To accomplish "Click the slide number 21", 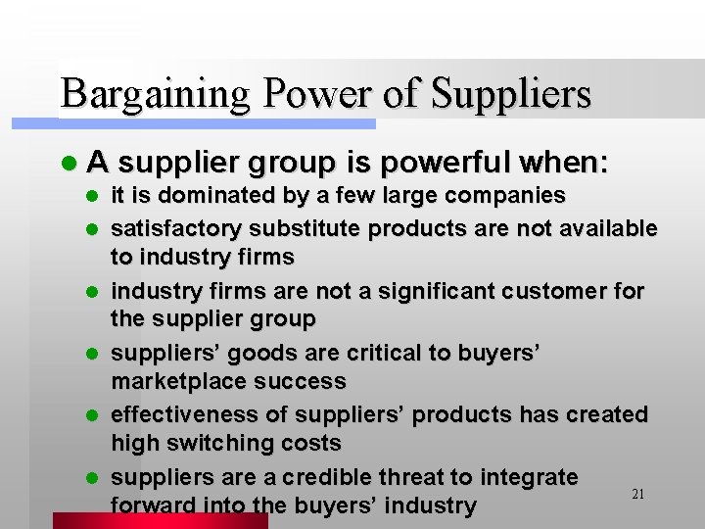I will [x=637, y=495].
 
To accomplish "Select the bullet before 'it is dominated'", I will [x=93, y=196].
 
